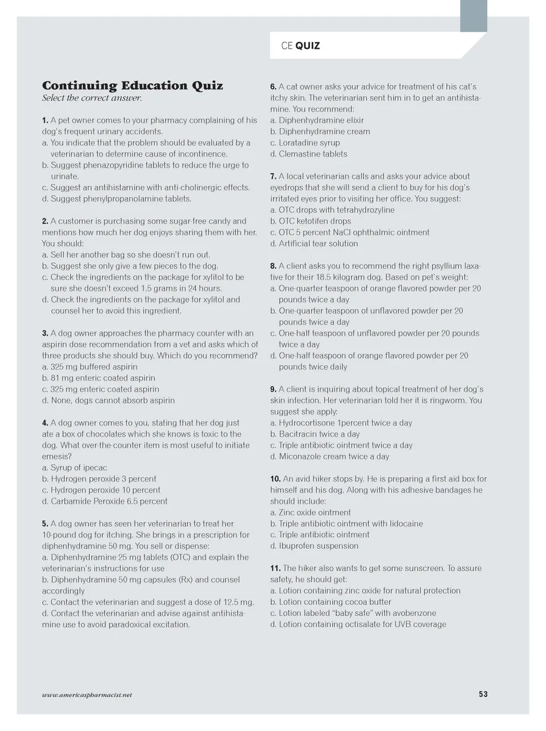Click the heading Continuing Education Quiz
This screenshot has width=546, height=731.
(x=133, y=86)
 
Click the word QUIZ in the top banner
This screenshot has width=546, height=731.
(x=308, y=46)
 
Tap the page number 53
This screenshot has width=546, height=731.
(x=483, y=694)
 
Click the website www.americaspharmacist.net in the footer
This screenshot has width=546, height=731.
(x=87, y=695)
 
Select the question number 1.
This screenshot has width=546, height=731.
(x=45, y=121)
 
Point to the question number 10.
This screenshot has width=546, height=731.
(x=275, y=479)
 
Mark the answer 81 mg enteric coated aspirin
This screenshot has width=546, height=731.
(x=98, y=378)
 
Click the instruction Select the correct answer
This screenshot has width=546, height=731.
(x=92, y=98)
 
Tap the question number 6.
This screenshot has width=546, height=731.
(x=273, y=87)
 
